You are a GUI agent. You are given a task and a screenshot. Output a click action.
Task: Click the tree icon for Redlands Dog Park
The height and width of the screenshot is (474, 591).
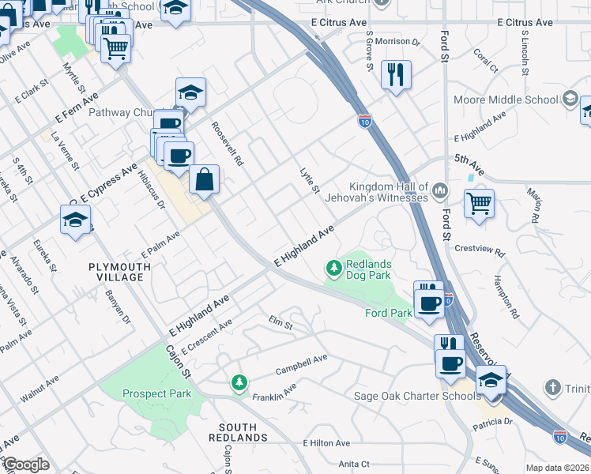(x=334, y=269)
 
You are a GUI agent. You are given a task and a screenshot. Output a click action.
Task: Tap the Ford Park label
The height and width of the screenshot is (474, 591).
(x=388, y=314)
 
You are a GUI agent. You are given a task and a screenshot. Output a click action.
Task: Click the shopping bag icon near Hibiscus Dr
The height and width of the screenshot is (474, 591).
(x=204, y=179)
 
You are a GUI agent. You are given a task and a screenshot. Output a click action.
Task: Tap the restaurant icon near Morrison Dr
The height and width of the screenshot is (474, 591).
(x=395, y=74)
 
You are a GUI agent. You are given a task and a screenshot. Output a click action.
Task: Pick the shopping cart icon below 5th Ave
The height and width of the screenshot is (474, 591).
(x=479, y=204)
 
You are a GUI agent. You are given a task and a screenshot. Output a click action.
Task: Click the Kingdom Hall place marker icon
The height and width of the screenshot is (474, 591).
(x=440, y=189)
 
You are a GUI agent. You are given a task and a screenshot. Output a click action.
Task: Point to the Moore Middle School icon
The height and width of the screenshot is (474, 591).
(x=569, y=100)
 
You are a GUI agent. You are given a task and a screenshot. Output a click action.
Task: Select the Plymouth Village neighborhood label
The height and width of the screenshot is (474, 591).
(x=119, y=273)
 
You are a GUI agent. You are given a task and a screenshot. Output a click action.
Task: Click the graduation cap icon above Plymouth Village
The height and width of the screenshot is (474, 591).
(x=76, y=220)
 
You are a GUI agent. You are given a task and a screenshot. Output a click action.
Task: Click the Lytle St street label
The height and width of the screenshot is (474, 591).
(x=310, y=180)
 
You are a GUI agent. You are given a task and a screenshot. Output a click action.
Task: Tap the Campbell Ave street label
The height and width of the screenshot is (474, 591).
(x=301, y=364)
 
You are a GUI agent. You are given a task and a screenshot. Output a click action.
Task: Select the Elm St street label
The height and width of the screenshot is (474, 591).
(x=280, y=324)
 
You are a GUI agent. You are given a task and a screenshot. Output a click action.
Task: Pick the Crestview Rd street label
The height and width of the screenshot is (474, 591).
(x=480, y=250)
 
